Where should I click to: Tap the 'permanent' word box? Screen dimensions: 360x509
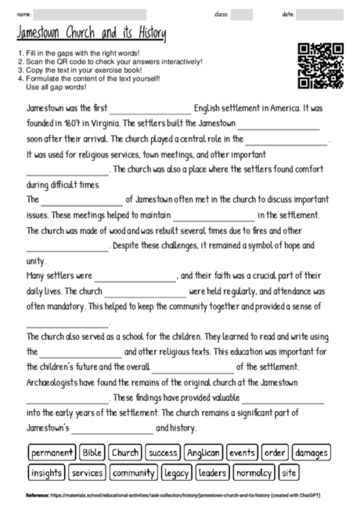coord(52,453)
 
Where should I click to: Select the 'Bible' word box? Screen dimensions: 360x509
coord(92,453)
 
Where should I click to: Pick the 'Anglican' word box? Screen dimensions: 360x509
coord(203,453)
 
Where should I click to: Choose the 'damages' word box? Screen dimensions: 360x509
coord(311,453)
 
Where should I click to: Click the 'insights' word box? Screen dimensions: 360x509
coord(46,473)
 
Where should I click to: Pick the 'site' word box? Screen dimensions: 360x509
coord(289,473)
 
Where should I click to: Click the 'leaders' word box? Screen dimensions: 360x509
coord(212,473)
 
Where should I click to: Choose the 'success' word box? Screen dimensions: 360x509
coord(162,453)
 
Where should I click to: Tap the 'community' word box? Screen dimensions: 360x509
coord(132,473)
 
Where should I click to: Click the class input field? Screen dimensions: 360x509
coord(241,14)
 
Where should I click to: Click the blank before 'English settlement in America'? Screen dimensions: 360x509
coord(150,110)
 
